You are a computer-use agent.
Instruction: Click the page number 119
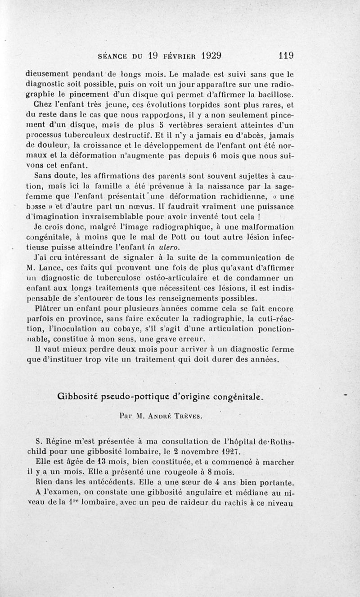[286, 56]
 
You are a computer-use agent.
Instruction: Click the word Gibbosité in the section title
[77, 397]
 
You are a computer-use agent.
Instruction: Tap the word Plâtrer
[49, 309]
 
